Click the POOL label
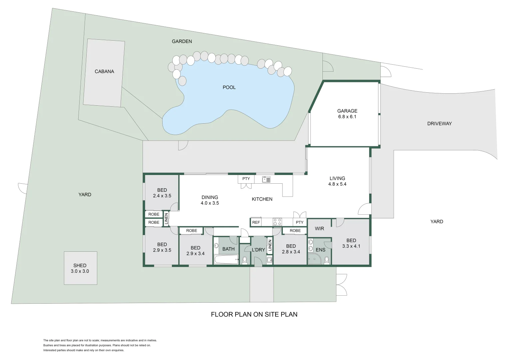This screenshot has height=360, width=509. pos(229,87)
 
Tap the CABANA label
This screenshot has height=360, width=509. pos(104,71)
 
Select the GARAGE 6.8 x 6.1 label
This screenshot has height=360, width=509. pos(347,114)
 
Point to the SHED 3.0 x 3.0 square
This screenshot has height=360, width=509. pos(80,268)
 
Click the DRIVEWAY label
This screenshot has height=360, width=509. pos(439,123)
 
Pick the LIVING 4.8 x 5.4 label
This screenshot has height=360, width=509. pos(337,181)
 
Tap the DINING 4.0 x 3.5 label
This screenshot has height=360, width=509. pos(210,200)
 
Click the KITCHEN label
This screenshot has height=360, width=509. pos(262,199)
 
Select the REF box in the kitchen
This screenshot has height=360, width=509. pos(256,222)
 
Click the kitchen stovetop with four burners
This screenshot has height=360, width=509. pos(277,222)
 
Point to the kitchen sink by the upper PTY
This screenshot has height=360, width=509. pos(266,179)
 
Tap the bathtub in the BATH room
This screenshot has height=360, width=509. pos(226,259)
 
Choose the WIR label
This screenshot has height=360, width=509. pos(319,229)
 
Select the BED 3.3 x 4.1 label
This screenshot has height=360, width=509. pos(351,243)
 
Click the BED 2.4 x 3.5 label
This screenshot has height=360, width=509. pos(162,193)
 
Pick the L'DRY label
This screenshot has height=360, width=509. pos(258,250)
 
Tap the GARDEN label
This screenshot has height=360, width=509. pos(182,41)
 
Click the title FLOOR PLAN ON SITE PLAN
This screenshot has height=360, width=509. pos(254,314)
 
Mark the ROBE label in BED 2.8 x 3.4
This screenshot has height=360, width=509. pos(295,231)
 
